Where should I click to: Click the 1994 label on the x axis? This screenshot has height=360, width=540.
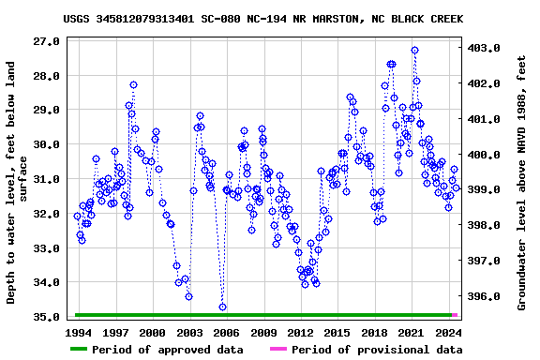(79, 333)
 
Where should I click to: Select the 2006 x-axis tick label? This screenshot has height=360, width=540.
(227, 333)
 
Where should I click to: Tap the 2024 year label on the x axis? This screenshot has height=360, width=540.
(448, 333)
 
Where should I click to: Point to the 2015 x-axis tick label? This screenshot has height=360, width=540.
(337, 333)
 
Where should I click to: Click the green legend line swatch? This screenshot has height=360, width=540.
(90, 350)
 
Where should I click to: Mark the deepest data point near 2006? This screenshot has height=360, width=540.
(222, 307)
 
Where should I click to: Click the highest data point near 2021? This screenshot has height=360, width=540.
(414, 51)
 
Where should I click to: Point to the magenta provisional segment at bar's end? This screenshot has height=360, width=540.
(455, 315)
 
